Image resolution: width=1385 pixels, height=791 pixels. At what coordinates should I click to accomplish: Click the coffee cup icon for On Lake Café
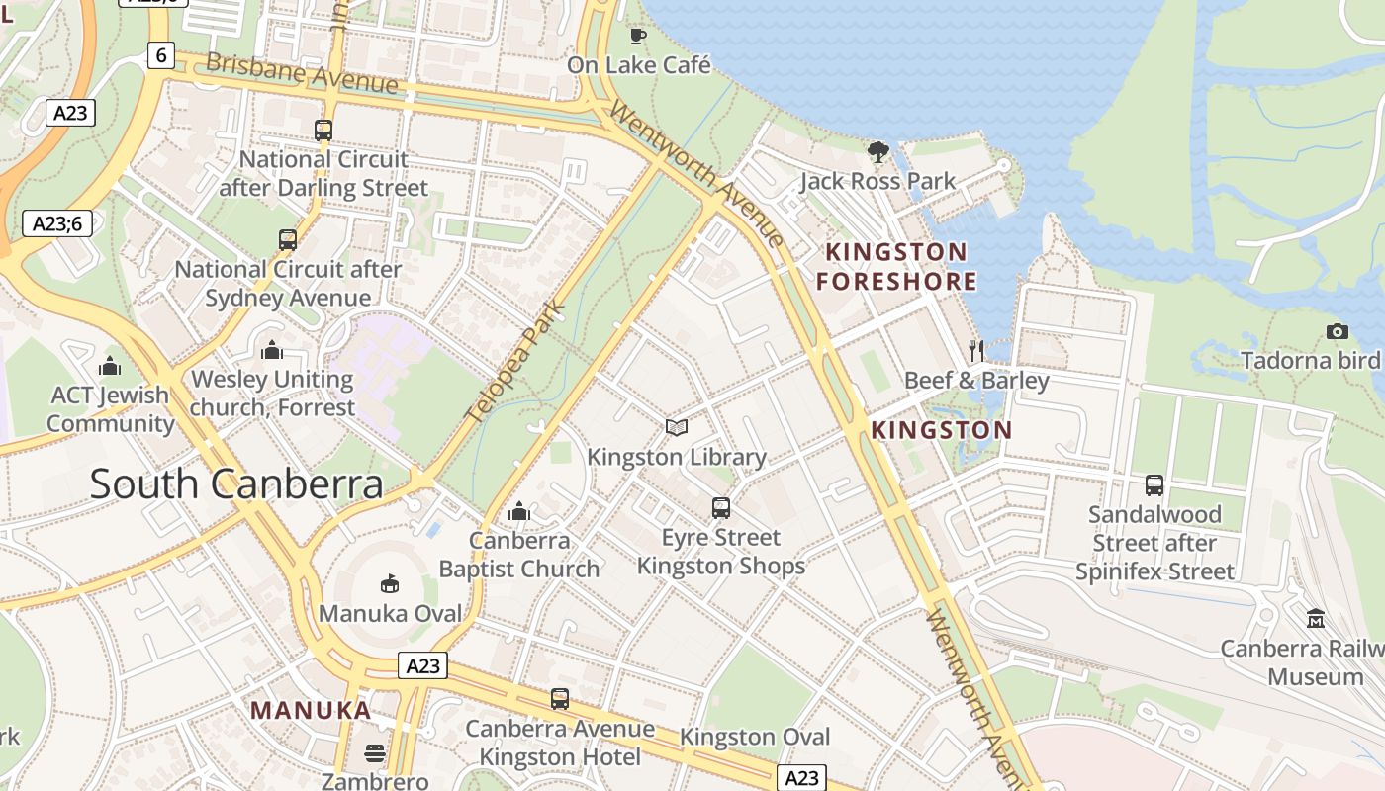(x=638, y=37)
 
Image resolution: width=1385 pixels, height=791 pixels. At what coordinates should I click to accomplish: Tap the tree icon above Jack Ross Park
(x=877, y=151)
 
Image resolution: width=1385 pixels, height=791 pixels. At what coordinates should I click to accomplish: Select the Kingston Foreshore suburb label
(x=896, y=266)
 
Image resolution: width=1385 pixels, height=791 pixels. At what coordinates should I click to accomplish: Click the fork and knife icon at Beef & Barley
(x=976, y=349)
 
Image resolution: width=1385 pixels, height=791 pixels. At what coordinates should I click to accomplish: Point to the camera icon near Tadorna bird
(x=1337, y=331)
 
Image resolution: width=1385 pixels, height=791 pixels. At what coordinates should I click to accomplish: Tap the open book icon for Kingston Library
(x=677, y=427)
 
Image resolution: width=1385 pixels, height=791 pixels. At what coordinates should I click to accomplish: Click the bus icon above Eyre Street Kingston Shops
(x=721, y=508)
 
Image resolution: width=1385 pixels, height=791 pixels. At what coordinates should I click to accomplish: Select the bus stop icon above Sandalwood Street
(x=1154, y=484)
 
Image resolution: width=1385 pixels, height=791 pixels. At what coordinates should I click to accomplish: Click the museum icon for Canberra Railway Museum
(x=1316, y=619)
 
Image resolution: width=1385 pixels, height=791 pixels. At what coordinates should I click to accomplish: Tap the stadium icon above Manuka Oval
(x=390, y=583)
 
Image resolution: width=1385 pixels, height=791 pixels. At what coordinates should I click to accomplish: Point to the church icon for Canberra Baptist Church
(x=519, y=511)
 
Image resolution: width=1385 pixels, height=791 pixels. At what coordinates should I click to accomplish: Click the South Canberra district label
(x=236, y=483)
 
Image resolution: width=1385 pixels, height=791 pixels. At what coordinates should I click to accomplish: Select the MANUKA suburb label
(x=311, y=710)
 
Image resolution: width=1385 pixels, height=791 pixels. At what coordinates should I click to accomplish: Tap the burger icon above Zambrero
(x=375, y=752)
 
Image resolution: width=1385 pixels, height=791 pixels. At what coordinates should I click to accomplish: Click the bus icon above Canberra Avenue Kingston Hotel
(x=560, y=699)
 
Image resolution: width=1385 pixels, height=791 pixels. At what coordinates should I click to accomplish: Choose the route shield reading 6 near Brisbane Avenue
(x=161, y=55)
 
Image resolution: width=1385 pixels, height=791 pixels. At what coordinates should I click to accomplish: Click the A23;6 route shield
(x=57, y=223)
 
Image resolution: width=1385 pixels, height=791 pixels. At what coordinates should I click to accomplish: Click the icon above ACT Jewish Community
(x=110, y=366)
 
